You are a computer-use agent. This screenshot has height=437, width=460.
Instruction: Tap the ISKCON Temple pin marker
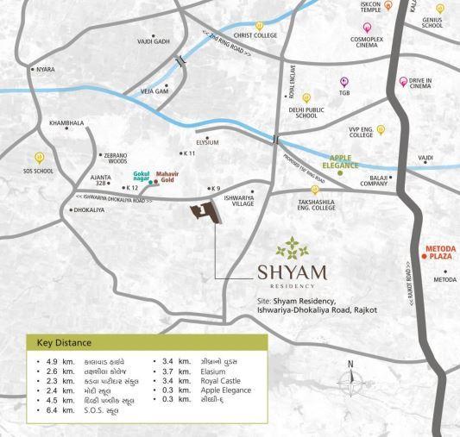coord(388,5)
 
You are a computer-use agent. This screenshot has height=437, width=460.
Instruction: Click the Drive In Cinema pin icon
coord(403,82)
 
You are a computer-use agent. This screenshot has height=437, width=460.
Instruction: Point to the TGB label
coord(344,94)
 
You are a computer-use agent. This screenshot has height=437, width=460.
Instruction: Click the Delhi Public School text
coord(303,112)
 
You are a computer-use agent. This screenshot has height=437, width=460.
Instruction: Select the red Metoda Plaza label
coord(439,256)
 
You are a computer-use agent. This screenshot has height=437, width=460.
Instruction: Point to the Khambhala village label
coord(66,123)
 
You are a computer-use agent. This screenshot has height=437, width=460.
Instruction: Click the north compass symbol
coord(350,383)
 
